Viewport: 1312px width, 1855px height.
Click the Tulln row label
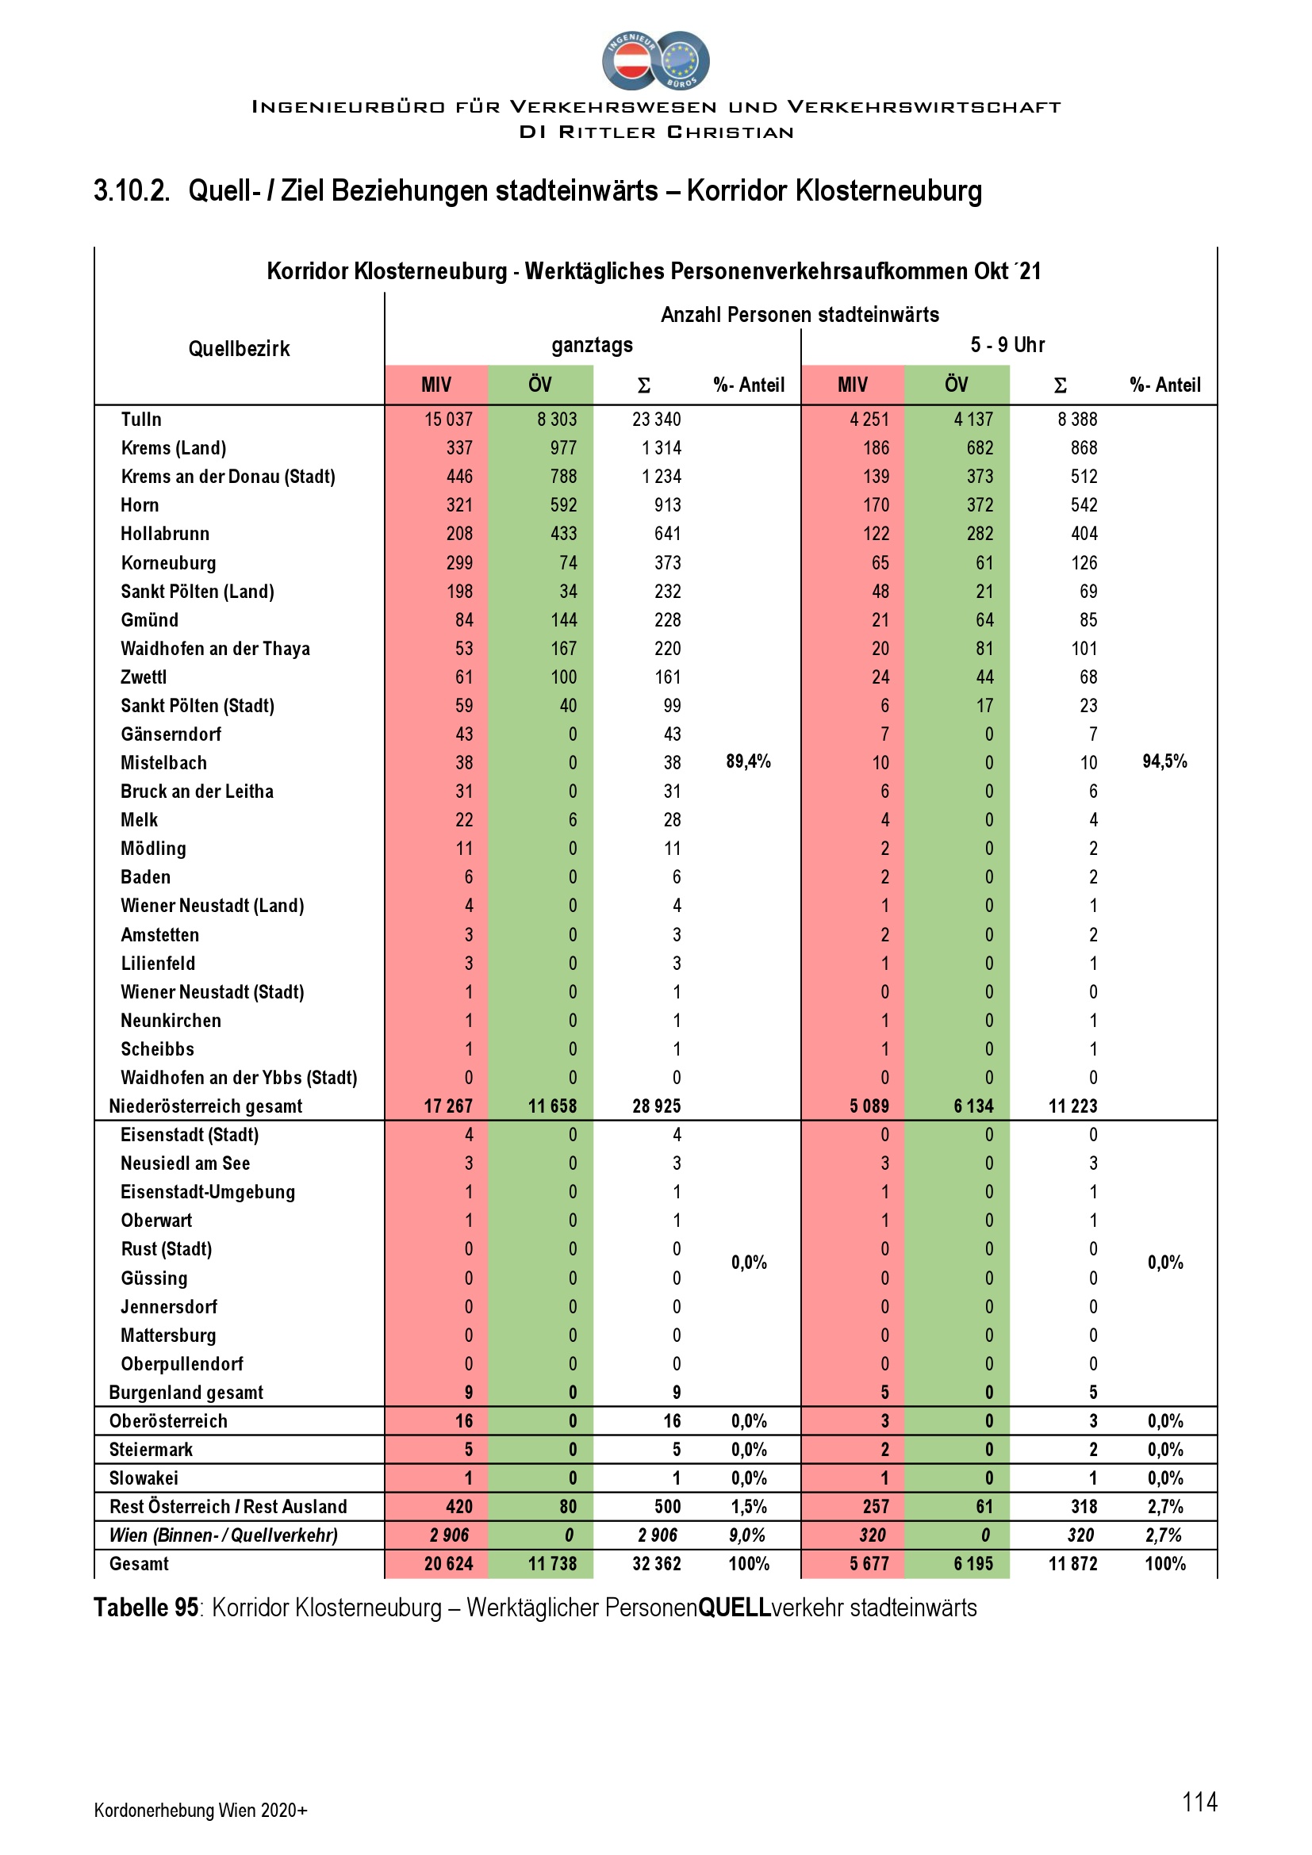(x=140, y=420)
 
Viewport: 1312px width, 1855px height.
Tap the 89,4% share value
(x=748, y=761)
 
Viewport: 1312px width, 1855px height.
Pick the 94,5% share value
(x=1164, y=761)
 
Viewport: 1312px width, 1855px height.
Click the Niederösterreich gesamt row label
(x=205, y=1106)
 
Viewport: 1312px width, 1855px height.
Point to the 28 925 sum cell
(x=656, y=1106)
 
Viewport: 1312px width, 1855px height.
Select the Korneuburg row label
(x=168, y=562)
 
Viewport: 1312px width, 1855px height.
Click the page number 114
(x=1199, y=1802)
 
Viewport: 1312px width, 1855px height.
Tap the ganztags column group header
(x=593, y=345)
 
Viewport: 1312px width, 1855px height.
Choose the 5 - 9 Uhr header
(x=1007, y=345)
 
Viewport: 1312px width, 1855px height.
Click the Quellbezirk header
(x=239, y=349)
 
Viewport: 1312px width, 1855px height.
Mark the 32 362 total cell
(x=656, y=1563)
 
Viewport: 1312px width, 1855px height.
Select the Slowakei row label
(x=144, y=1477)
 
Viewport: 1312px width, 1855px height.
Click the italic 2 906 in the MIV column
(x=448, y=1535)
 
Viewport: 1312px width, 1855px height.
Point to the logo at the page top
(x=655, y=60)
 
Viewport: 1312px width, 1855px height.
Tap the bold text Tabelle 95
(x=145, y=1608)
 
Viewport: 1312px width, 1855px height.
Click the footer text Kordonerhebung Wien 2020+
(x=201, y=1810)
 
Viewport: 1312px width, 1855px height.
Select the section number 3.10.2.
(x=132, y=190)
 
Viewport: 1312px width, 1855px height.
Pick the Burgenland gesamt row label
(x=186, y=1392)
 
